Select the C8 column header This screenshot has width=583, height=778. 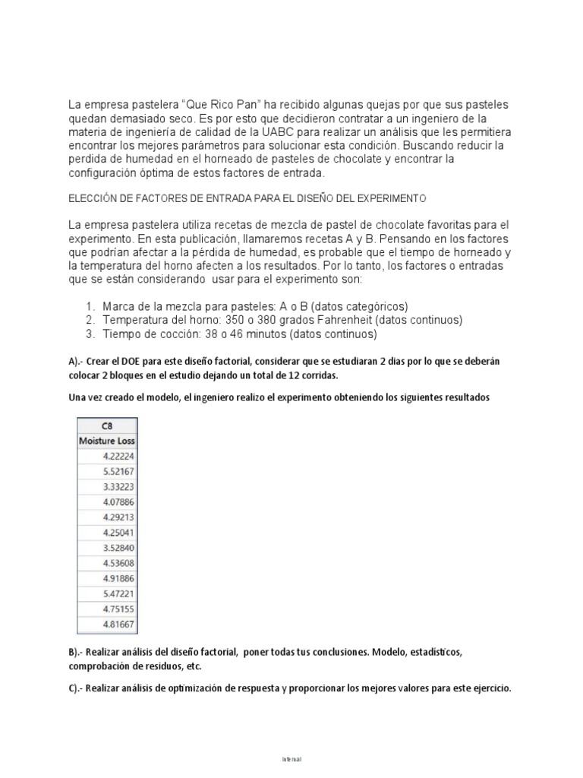coord(106,425)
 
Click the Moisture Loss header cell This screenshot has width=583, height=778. coord(106,441)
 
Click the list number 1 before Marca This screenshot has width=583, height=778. coord(89,306)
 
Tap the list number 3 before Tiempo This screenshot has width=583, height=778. coord(89,334)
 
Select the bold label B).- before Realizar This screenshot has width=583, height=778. coord(79,653)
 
